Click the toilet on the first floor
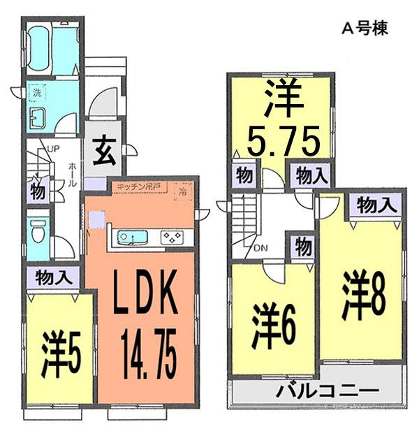[x=38, y=228]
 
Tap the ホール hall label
[x=73, y=171]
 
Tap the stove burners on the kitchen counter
[x=170, y=238]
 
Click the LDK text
[x=145, y=298]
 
